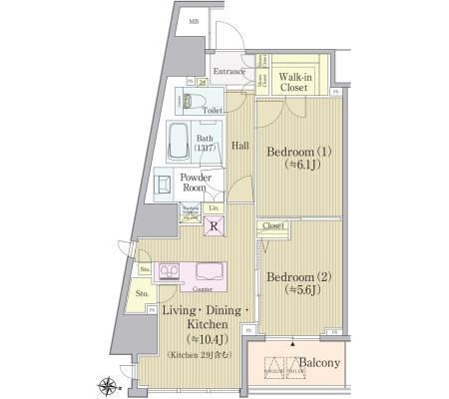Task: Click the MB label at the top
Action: (193, 19)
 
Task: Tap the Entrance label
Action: (230, 72)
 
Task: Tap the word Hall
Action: (240, 146)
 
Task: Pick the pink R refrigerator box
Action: (214, 227)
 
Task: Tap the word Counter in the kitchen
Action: (187, 289)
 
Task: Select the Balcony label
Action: (320, 362)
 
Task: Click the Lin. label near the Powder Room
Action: (214, 206)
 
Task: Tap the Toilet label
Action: (213, 112)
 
